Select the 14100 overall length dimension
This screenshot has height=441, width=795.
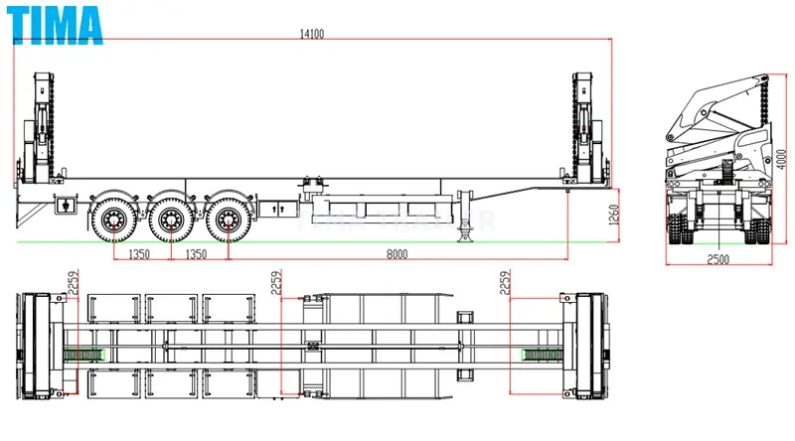pos(311,34)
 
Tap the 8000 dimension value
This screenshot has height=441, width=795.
pos(397,254)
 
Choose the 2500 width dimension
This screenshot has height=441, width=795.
pos(717,259)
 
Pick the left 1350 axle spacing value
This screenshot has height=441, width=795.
pos(138,254)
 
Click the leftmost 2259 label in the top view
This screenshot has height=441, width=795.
pos(73,286)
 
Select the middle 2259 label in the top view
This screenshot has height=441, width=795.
pos(277,286)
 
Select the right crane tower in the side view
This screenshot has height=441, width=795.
pos(587,129)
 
